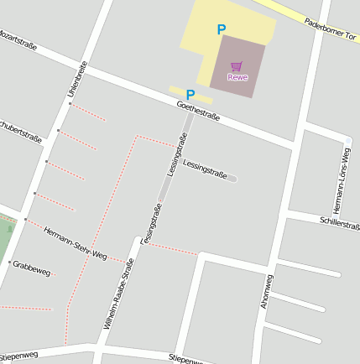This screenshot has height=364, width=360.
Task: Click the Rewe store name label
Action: click(x=237, y=78)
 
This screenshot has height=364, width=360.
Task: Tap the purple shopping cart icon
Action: click(x=237, y=66)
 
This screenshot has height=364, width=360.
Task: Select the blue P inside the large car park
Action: click(x=222, y=30)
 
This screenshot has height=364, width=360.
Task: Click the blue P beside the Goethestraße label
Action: click(x=190, y=96)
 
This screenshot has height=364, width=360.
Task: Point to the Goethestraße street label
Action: click(x=198, y=111)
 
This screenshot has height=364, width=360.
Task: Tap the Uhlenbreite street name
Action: click(x=77, y=80)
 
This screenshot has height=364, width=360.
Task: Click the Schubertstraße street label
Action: click(x=20, y=131)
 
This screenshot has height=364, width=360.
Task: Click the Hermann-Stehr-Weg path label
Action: click(x=76, y=243)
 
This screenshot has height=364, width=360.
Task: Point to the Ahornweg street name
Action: click(x=267, y=291)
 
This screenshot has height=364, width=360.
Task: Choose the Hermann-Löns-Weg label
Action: click(x=341, y=180)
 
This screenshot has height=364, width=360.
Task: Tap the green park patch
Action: click(x=5, y=239)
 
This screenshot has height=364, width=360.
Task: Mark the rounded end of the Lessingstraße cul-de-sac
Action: click(x=232, y=178)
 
